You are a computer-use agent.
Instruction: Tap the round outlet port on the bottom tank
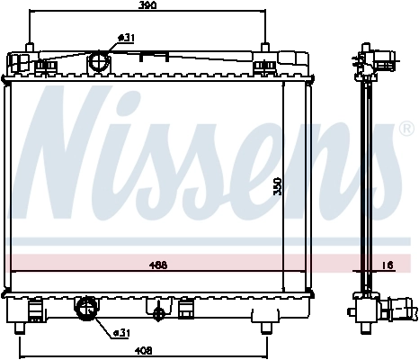87,309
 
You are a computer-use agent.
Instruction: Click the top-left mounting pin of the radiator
30,48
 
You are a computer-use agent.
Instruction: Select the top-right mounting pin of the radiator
264,48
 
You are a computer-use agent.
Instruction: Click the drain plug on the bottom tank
160,313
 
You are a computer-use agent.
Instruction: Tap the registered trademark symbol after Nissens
406,129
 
